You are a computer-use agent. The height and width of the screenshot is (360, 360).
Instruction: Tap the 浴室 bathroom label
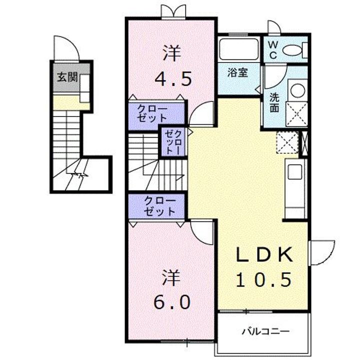[238, 72]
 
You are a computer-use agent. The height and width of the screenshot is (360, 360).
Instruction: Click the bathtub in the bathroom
[237, 50]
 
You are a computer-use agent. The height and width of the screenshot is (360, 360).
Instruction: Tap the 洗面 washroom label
[274, 101]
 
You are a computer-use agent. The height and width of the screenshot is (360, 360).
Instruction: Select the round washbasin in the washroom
[296, 90]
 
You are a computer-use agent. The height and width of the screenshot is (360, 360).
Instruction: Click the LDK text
[263, 255]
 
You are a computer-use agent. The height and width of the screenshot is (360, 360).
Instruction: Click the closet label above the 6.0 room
[159, 206]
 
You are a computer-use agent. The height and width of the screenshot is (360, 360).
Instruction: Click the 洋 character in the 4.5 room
[171, 53]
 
